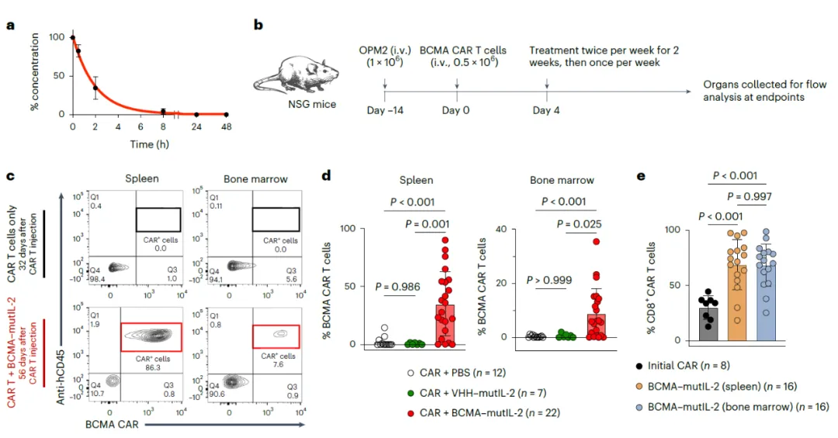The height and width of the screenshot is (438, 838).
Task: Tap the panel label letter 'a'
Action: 11,25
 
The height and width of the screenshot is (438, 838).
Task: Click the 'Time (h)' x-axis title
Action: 148,145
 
